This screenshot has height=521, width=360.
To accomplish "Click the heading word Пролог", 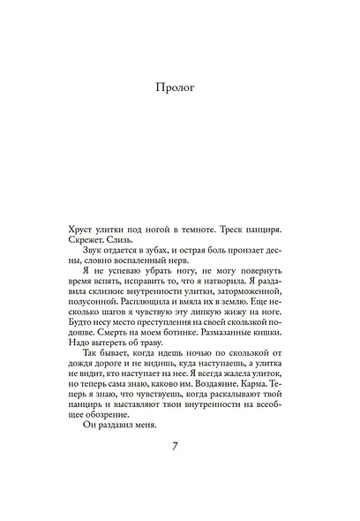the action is pyautogui.click(x=179, y=89).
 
